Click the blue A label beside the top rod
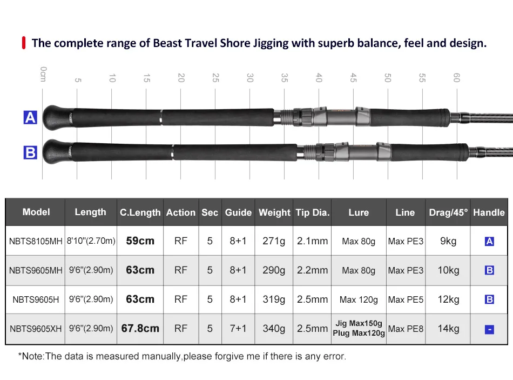point(30,117)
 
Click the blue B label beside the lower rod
point(30,153)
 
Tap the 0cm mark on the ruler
point(43,74)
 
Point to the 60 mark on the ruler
point(456,77)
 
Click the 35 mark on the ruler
point(284,77)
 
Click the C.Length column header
point(140,212)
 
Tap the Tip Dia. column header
point(312,212)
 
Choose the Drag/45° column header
point(448,212)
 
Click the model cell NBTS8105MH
point(36,241)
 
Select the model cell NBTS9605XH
point(36,328)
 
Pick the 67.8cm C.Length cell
point(140,328)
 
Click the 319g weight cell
point(274,299)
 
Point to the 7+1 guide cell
point(238,328)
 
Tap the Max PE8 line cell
point(405,329)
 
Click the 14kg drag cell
point(448,328)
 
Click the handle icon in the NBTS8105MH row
point(489,241)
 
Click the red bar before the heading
point(24,43)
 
